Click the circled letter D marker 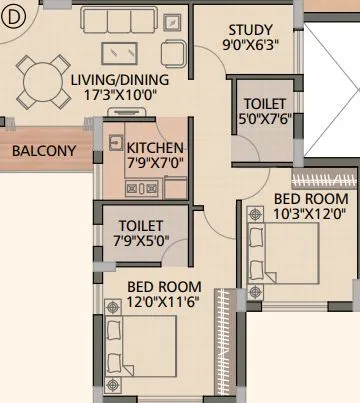(13, 14)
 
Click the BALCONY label (43, 151)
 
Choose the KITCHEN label (155, 146)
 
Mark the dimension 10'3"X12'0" (310, 213)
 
